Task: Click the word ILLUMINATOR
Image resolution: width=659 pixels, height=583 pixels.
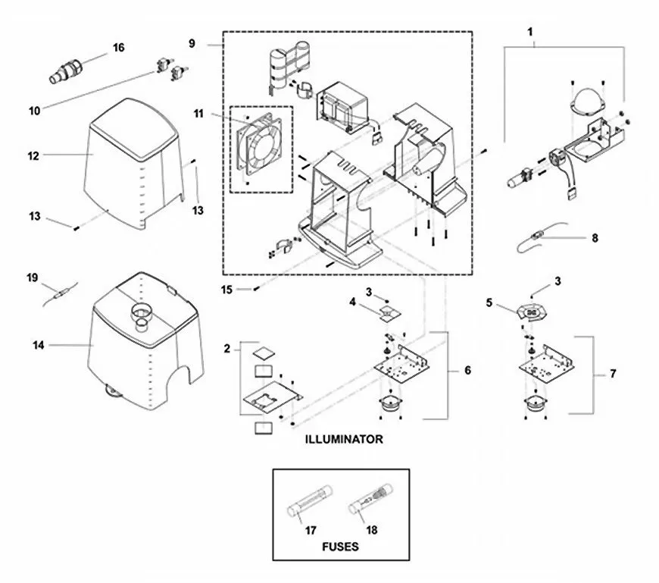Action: coord(344,439)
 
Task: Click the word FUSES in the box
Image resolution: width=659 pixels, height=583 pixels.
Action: coord(340,547)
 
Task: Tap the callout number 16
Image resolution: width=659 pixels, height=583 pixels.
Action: coord(118,48)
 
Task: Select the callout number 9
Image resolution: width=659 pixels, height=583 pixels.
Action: coord(192,43)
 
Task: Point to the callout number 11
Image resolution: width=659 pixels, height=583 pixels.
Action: coord(198,114)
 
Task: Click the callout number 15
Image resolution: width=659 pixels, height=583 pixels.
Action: coord(226,290)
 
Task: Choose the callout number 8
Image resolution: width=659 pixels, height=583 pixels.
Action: coord(595,238)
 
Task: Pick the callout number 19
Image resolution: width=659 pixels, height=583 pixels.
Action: coord(32,277)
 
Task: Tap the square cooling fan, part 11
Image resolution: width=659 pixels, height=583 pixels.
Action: coord(259,143)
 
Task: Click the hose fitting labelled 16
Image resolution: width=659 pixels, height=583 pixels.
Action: coord(66,71)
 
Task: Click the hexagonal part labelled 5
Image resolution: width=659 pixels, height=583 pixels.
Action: coord(532,312)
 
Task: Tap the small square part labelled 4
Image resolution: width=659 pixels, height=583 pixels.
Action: coord(389,313)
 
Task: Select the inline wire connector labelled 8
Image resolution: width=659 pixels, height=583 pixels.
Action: coord(536,237)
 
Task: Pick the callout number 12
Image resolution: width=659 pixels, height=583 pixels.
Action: coord(33,156)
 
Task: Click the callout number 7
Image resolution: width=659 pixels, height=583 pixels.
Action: coord(613,374)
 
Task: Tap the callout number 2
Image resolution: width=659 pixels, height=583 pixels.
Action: coord(227,349)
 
